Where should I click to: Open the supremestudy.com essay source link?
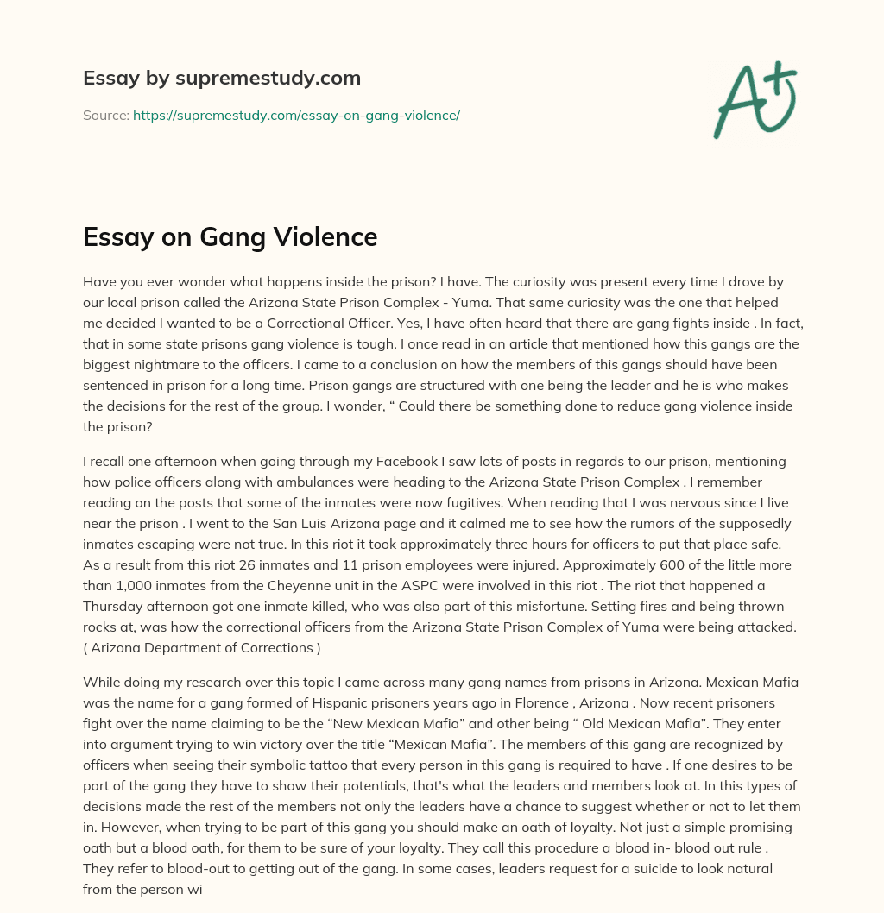click(x=296, y=115)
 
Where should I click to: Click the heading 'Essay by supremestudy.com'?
click(x=222, y=79)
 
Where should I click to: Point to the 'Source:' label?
click(x=105, y=115)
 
